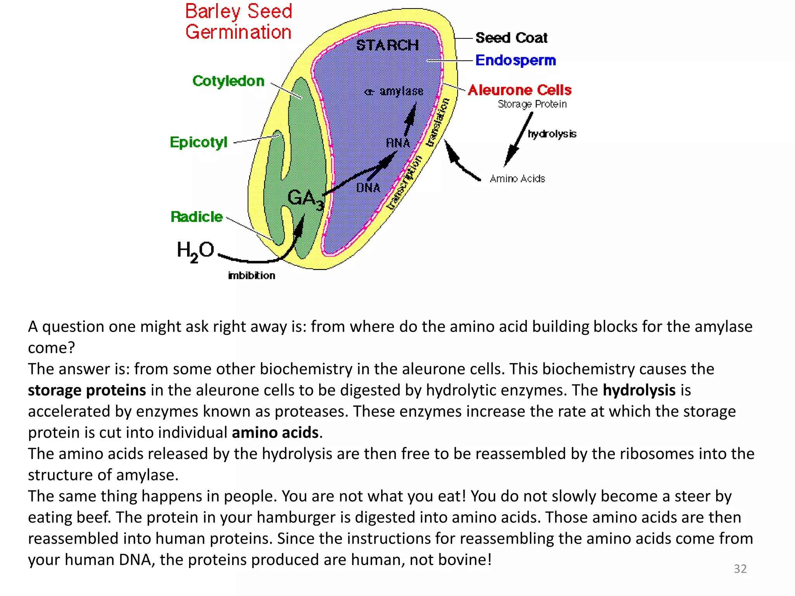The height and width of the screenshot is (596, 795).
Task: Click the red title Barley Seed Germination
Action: point(238,22)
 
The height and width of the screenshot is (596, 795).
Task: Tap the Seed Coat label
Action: point(511,38)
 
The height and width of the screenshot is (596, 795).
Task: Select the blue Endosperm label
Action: point(516,60)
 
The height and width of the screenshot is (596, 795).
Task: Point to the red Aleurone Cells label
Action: point(519,90)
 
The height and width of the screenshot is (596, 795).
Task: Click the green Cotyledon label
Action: point(228,81)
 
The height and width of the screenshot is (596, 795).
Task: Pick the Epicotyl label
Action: point(198,142)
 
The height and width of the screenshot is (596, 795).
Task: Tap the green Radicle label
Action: point(196,217)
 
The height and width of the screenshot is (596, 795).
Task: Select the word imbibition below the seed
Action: point(252,275)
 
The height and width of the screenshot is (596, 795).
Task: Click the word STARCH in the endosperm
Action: point(387,45)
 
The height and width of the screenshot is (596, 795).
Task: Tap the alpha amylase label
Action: point(394,91)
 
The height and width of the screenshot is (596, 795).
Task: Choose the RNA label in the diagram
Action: point(398,143)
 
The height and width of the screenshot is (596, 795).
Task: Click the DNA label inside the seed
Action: point(368,188)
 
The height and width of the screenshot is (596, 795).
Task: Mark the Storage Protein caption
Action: point(532,104)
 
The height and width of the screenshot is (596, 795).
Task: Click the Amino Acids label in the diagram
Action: point(517,178)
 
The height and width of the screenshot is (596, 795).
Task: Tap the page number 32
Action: point(740,568)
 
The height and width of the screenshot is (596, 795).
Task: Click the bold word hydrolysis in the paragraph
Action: point(639,390)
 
